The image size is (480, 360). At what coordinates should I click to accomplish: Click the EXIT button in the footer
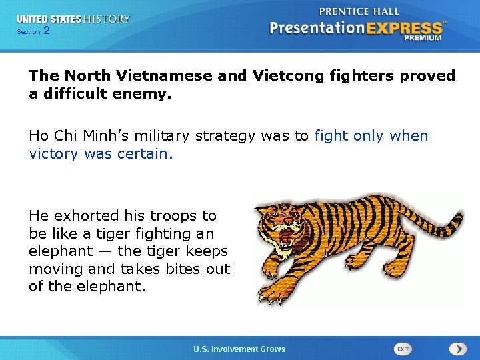pos(403,349)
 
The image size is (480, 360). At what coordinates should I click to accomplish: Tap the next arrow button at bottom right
pos(458,349)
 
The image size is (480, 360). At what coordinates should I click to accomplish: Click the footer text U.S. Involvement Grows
pos(239,349)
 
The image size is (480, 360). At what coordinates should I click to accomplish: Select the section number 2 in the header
pos(46,31)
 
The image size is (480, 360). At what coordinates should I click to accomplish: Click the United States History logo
pos(73,19)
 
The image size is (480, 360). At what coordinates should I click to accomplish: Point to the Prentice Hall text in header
pos(359,11)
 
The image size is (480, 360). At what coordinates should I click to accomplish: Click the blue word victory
pos(55,154)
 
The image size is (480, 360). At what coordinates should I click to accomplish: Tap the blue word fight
pos(331,136)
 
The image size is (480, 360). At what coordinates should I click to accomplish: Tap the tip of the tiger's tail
pos(458,217)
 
